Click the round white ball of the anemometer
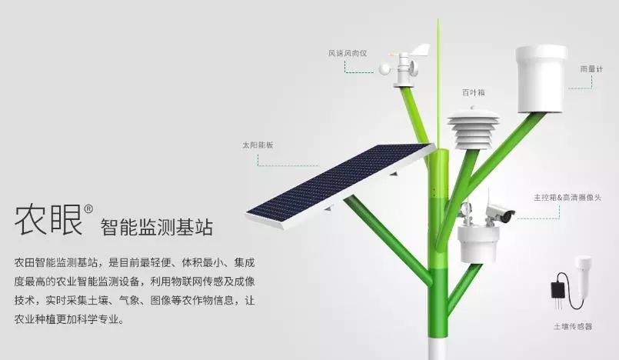click(384, 69)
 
